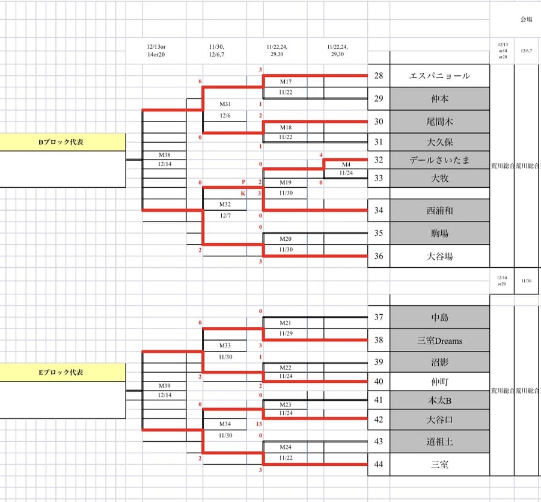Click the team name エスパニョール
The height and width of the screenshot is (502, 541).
tap(439, 76)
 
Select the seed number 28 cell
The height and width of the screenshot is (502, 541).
tap(378, 76)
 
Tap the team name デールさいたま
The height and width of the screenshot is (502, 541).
tap(439, 160)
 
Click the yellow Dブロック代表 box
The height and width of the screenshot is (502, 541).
tap(62, 143)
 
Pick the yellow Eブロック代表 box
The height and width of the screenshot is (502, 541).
tap(62, 372)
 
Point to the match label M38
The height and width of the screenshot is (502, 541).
tap(164, 155)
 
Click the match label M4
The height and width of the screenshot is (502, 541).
tap(346, 164)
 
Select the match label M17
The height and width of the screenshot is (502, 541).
tap(286, 82)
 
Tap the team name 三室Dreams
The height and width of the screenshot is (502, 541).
tap(439, 341)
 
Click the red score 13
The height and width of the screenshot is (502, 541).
tap(259, 424)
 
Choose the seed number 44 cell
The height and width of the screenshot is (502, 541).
tap(378, 465)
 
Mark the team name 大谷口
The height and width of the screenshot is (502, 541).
tap(439, 420)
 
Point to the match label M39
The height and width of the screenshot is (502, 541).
tap(164, 385)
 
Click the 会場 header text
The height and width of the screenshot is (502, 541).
tap(527, 19)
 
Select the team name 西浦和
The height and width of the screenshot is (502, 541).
tap(439, 211)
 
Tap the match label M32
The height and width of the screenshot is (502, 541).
tap(225, 205)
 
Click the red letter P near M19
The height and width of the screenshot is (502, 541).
tap(243, 182)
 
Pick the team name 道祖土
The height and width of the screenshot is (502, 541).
tap(439, 442)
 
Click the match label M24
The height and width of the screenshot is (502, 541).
tap(286, 447)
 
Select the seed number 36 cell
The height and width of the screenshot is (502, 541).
tap(378, 256)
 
